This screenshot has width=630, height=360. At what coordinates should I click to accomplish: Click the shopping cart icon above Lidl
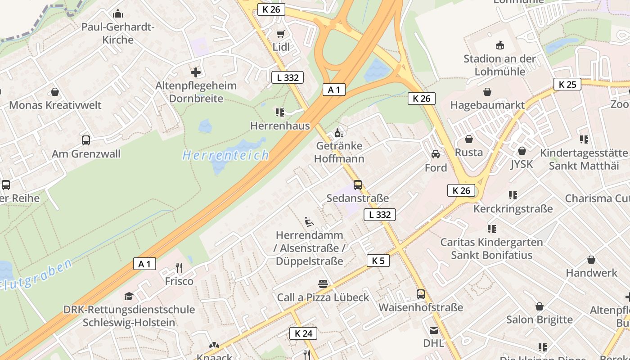[x=281, y=34]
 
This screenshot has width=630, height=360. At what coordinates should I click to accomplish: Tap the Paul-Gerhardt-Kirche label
[x=118, y=33]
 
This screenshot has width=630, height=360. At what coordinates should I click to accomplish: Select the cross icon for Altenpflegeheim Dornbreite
[x=196, y=72]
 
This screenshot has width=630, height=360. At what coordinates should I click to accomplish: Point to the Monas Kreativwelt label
[x=55, y=105]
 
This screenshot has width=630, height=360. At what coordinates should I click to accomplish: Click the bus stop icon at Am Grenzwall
[x=86, y=140]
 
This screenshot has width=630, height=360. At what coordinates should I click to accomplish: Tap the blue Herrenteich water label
[x=225, y=156]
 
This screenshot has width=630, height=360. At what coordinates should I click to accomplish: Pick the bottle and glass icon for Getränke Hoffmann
[x=339, y=133]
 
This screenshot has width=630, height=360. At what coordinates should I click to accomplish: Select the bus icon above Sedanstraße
[x=358, y=184]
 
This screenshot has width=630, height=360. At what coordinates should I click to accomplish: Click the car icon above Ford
[x=436, y=154]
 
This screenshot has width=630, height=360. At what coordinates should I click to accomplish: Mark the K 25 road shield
[x=567, y=85]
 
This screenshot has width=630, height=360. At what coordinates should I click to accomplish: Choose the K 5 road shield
[x=378, y=261]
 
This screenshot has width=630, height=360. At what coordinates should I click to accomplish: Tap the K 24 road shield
[x=303, y=333]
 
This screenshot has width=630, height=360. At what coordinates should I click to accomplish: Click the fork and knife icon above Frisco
[x=179, y=268]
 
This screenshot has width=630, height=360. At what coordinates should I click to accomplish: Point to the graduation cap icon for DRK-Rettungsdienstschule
[x=129, y=296]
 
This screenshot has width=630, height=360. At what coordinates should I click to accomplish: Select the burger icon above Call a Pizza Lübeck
[x=323, y=284]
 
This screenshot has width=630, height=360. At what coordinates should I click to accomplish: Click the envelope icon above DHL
[x=433, y=330]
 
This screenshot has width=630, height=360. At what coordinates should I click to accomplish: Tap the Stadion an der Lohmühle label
[x=500, y=65]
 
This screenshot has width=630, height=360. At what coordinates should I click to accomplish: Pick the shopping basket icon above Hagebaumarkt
[x=487, y=92]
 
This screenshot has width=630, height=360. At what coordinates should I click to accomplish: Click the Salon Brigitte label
[x=539, y=319]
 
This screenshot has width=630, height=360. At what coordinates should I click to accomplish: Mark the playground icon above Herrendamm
[x=309, y=221]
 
